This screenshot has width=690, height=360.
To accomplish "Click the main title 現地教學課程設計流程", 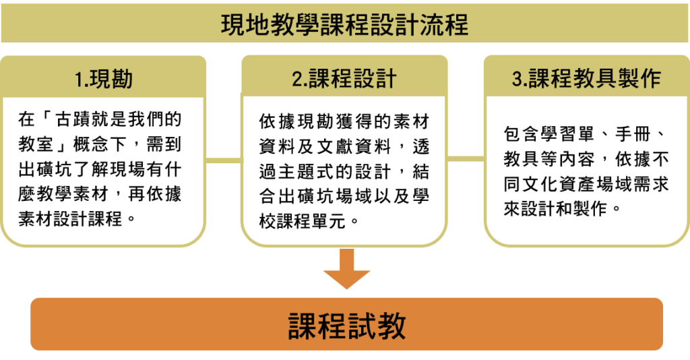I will [x=344, y=26].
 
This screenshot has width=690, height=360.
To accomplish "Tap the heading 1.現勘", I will [x=103, y=80].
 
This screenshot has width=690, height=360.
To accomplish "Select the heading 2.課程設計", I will [x=344, y=80].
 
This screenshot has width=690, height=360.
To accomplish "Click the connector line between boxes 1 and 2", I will [x=223, y=160].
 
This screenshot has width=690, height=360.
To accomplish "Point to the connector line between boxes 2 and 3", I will [x=466, y=160].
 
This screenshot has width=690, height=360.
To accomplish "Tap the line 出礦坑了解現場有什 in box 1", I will [x=101, y=169].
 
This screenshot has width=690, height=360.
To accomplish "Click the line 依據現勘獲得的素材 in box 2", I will [x=344, y=121].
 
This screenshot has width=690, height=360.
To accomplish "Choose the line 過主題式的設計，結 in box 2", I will [x=344, y=171].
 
